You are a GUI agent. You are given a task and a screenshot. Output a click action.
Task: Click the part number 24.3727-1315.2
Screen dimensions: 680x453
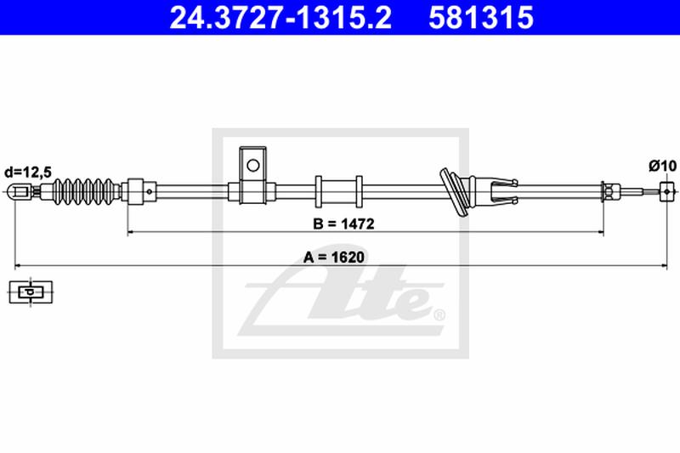[280, 17]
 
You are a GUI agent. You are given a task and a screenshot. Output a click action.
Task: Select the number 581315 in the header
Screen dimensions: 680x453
[481, 17]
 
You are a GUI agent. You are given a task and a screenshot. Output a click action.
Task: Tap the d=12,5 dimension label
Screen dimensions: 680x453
[28, 172]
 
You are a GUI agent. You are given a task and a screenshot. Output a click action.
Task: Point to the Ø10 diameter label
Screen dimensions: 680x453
[663, 166]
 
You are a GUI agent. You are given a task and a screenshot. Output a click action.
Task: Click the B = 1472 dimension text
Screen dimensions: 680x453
[343, 224]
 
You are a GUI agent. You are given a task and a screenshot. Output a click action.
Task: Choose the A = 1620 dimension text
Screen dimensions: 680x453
[334, 257]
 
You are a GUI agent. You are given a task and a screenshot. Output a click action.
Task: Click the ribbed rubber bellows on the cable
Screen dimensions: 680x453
[86, 191]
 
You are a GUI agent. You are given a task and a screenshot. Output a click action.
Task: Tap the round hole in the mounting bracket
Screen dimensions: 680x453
[252, 165]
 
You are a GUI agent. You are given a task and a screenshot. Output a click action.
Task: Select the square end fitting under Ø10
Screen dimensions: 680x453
[667, 191]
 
